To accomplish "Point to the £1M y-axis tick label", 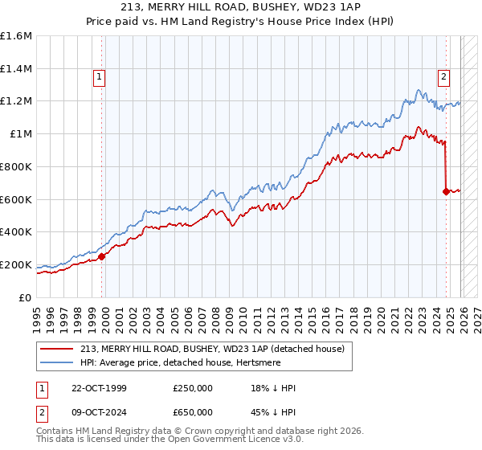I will click(21, 134).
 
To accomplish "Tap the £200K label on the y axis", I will click(16, 264).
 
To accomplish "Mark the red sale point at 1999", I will click(102, 257).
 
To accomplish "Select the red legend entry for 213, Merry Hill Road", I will click(212, 348).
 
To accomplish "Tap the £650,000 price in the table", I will click(193, 411).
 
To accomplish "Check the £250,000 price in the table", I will click(193, 388).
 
